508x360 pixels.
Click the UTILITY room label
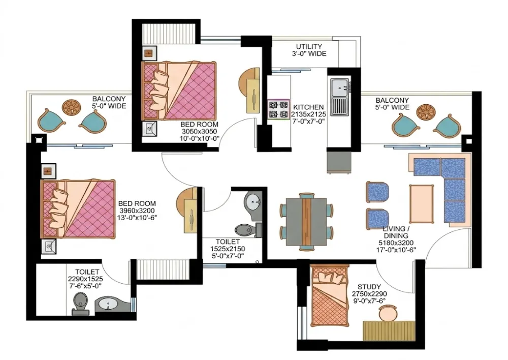coord(309,47)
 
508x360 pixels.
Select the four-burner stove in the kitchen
coord(278,110)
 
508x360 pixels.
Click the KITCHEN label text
coord(308,107)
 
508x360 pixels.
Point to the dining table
coord(306,222)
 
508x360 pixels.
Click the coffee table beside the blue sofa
coord(422,204)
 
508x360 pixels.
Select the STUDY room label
coord(369,287)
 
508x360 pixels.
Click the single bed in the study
coord(330,295)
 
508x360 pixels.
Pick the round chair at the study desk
coord(388,314)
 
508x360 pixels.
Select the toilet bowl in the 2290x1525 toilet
coord(80,304)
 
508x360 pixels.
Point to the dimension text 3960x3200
coord(137,211)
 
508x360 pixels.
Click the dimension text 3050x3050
coord(199,131)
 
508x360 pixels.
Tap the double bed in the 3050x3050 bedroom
coord(179,91)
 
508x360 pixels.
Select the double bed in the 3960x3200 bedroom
coord(78,209)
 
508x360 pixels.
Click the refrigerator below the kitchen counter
coord(339,162)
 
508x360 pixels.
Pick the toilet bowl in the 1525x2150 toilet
coord(248,230)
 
